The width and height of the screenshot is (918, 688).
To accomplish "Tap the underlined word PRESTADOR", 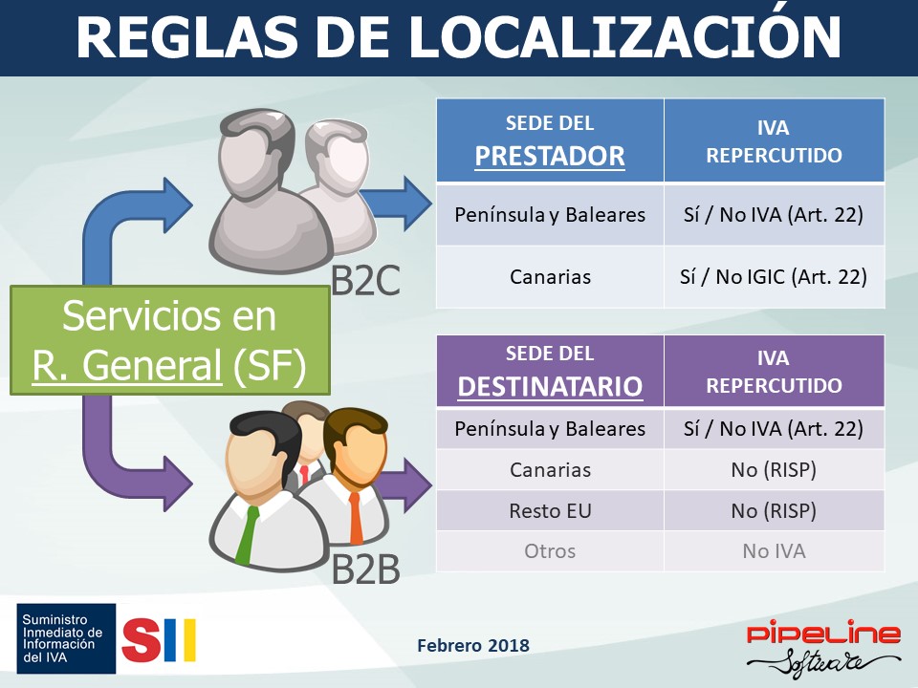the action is (550, 156).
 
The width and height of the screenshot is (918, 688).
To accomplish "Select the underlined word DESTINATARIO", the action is (551, 386).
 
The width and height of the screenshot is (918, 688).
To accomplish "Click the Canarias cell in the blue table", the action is (551, 277).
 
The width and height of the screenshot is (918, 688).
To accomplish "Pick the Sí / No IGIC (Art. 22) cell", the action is (774, 277).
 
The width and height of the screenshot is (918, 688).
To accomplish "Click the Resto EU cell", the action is (551, 510).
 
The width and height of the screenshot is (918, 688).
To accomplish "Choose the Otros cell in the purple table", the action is (551, 551).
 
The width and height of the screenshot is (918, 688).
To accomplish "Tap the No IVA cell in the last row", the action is (774, 551).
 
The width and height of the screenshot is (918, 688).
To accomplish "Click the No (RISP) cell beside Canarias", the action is (774, 470).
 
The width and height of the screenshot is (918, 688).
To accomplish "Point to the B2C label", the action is (366, 281).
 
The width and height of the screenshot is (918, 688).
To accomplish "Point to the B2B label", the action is (366, 569).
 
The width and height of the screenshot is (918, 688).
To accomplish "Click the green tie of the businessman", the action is (247, 534).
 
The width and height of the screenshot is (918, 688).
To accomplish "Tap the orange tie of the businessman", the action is (356, 517).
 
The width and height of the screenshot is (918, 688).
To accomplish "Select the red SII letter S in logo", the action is (142, 640).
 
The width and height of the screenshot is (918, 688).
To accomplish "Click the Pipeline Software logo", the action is (823, 647).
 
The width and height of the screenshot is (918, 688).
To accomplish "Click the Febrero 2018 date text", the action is (473, 645).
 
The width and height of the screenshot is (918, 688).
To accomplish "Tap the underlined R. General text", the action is (127, 366).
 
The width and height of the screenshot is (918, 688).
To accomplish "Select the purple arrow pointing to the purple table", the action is (404, 484).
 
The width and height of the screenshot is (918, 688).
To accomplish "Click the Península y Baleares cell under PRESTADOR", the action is (551, 215).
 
